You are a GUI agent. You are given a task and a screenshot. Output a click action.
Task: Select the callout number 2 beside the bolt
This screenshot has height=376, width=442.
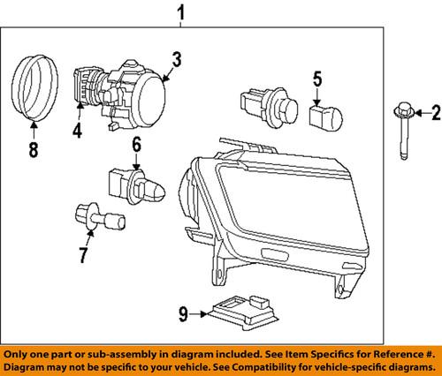[434, 112]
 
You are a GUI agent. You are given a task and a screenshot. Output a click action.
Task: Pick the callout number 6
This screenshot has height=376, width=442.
[137, 145]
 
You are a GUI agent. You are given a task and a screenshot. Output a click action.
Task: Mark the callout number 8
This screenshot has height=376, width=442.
[34, 150]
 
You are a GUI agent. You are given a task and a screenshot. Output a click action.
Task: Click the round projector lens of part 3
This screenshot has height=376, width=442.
[152, 93]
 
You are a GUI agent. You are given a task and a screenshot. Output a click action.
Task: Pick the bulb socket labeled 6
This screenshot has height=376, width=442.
[133, 185]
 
